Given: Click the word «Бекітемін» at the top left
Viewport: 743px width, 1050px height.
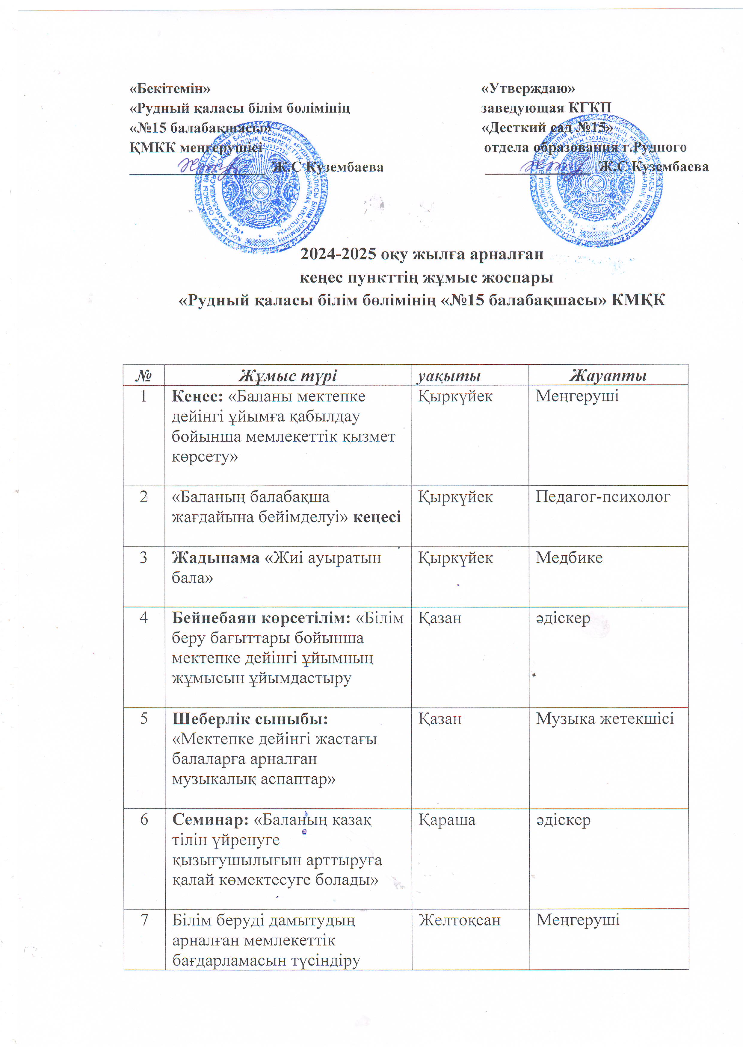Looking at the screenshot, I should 170,88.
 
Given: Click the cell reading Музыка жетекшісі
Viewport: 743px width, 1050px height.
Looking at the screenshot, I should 604,719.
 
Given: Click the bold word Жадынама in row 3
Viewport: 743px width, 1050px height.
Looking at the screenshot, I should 215,558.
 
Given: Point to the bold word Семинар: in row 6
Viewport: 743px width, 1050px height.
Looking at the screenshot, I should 210,820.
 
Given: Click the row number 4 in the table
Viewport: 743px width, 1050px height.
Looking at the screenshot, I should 144,618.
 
